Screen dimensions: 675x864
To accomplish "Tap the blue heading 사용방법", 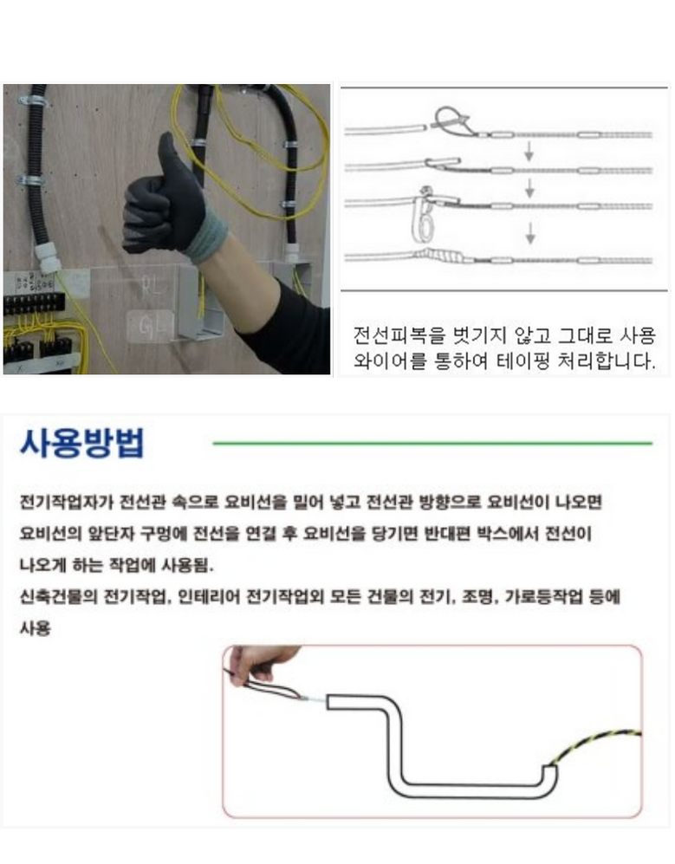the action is click(x=82, y=443).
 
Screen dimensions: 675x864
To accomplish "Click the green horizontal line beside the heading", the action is click(x=432, y=443).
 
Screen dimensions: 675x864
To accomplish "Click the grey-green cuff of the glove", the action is click(x=206, y=240).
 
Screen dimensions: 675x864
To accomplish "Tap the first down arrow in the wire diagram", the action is click(x=529, y=151).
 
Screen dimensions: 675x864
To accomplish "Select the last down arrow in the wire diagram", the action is click(x=530, y=232).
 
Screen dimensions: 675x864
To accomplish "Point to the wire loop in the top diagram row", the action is click(x=451, y=120).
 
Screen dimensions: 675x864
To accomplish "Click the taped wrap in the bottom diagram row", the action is click(x=439, y=257).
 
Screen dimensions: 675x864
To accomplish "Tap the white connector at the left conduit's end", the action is click(x=48, y=257).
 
